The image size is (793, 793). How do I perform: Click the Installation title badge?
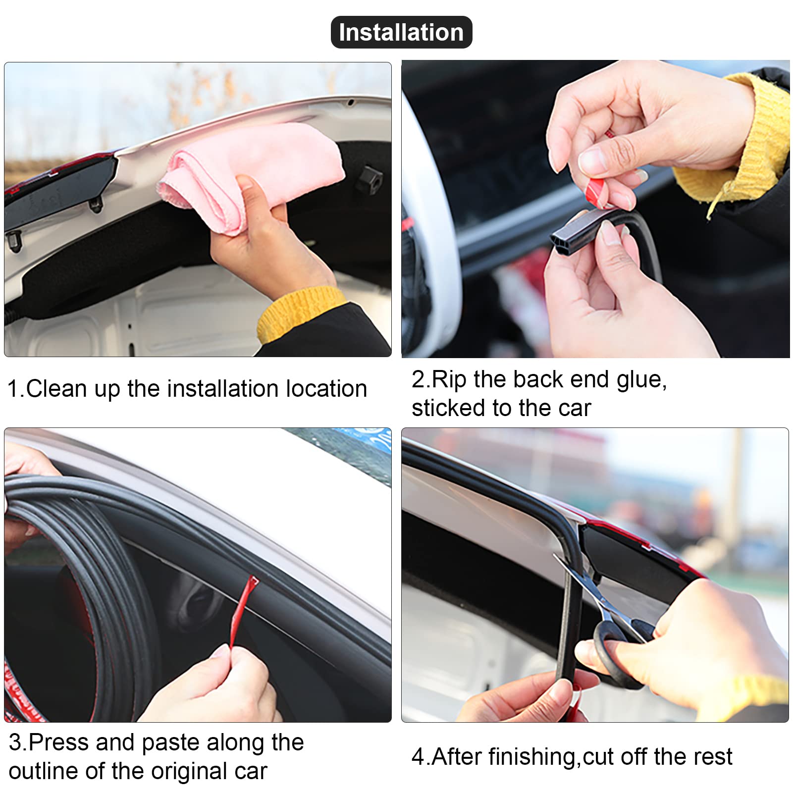[x=401, y=32]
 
